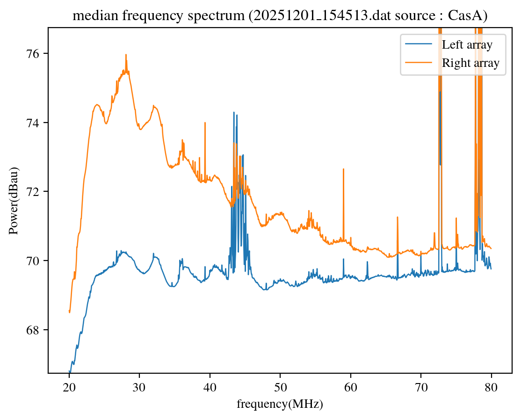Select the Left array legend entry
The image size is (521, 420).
(x=467, y=45)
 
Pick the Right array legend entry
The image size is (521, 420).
(x=471, y=63)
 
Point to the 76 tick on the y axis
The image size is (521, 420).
(x=34, y=53)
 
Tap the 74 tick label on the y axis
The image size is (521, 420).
(x=34, y=123)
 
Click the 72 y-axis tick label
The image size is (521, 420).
(x=34, y=192)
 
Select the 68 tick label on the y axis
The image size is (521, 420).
(x=34, y=330)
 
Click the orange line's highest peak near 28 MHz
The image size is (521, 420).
(x=126, y=55)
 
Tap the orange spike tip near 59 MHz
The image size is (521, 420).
(x=343, y=169)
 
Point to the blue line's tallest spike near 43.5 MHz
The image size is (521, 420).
(x=234, y=112)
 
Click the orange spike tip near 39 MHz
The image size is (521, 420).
(x=205, y=123)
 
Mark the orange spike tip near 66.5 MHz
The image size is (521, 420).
(x=397, y=217)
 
